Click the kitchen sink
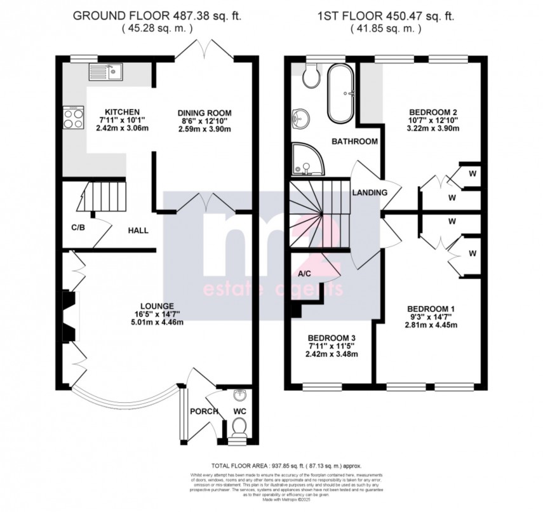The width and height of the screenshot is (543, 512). point(107,71)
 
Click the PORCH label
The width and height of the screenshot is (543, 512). point(204,412)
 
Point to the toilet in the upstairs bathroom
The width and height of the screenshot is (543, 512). point(311,76)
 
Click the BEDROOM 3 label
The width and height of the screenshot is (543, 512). point(330,337)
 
